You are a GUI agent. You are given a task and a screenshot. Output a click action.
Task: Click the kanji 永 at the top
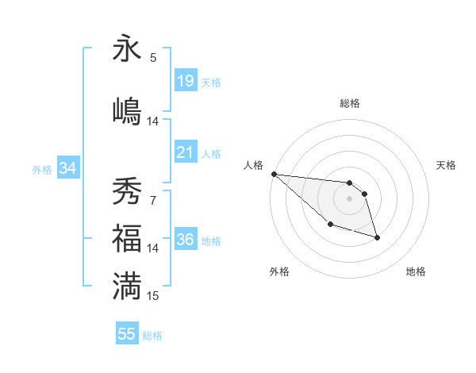tap(127, 48)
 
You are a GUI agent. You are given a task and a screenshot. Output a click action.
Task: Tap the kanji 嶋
tap(127, 111)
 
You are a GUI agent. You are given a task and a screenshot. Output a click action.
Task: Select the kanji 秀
tap(127, 191)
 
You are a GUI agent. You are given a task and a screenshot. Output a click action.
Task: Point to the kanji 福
tap(127, 238)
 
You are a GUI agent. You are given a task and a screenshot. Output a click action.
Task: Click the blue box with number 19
tap(186, 80)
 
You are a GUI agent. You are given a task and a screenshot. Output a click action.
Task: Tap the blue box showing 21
tap(186, 152)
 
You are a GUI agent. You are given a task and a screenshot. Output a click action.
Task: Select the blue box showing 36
tap(186, 239)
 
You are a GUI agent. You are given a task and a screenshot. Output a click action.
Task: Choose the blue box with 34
tap(67, 167)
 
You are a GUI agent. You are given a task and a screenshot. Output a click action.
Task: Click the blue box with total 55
tap(127, 334)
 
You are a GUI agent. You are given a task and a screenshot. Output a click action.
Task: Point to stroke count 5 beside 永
tap(153, 57)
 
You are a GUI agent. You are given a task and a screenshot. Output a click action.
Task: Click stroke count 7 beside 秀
tap(153, 200)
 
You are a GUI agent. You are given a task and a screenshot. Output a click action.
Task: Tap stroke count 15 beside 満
tap(153, 295)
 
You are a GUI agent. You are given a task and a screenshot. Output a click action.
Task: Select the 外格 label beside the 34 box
tap(42, 169)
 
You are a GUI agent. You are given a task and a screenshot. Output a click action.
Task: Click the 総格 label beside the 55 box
tap(152, 336)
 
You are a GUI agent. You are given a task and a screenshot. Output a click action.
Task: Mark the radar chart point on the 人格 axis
tap(274, 174)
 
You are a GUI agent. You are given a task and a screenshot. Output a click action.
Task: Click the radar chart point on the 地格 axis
tap(377, 237)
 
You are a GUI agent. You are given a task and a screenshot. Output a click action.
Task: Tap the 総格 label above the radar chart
tap(350, 103)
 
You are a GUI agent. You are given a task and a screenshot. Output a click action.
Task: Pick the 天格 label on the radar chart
tap(446, 165)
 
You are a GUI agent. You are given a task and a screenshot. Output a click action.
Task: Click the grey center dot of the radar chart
tap(350, 198)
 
